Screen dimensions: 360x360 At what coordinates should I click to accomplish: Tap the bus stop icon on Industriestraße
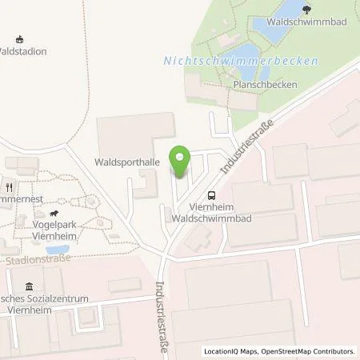coord(211,194)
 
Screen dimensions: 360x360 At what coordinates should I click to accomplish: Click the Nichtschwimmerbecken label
coord(241,61)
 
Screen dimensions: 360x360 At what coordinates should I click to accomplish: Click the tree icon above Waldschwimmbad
coord(308,9)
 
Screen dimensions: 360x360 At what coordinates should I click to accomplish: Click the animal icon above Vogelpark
coord(54,214)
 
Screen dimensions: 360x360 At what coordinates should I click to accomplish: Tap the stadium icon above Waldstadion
coord(20,38)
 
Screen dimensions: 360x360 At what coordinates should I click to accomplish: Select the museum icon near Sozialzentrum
coord(30,287)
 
